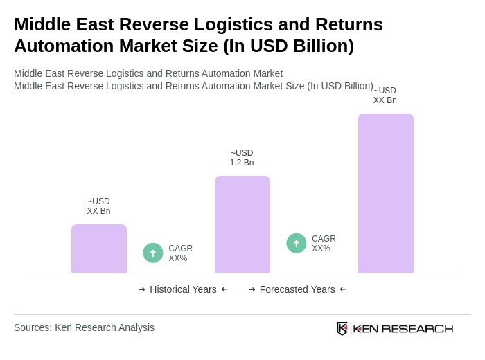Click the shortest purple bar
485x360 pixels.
99,249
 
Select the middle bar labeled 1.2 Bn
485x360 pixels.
242,224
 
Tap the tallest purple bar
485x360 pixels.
386,193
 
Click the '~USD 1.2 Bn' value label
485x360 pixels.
242,158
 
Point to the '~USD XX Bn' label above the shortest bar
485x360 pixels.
98,206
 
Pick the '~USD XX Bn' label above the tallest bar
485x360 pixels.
385,96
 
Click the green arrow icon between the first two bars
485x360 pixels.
153,253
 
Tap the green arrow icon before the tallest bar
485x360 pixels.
297,243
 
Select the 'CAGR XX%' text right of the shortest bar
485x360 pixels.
180,253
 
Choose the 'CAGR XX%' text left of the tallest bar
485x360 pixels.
324,244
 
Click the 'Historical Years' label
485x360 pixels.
183,289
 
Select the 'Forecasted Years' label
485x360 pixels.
297,289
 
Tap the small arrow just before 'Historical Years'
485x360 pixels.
142,289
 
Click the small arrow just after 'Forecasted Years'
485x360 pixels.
343,289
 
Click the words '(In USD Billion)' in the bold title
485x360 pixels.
288,46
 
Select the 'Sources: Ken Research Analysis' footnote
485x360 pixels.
84,327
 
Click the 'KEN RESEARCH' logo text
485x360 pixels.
403,328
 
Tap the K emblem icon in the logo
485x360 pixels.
342,328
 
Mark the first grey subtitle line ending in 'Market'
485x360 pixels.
148,73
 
